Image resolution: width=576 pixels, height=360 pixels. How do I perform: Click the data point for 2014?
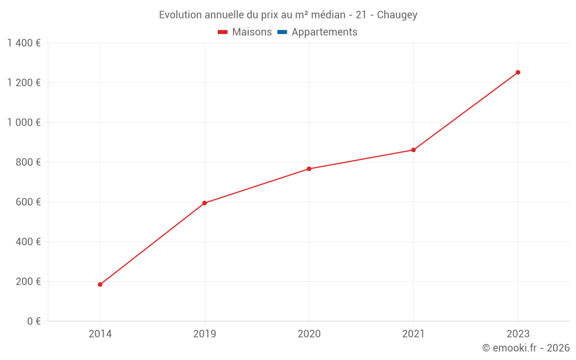click(100, 285)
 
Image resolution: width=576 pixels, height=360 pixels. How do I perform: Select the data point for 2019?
click(204, 203)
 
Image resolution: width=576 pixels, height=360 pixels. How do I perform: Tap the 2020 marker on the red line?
click(309, 169)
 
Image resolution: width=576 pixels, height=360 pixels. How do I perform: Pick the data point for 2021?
click(414, 150)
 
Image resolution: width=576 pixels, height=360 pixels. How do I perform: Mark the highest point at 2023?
click(518, 73)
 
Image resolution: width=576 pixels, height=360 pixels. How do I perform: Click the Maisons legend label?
click(252, 32)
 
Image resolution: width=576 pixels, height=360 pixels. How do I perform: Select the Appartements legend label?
click(324, 32)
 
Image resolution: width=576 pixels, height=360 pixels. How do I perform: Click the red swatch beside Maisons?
click(223, 32)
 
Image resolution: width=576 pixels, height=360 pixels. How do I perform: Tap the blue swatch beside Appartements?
click(282, 32)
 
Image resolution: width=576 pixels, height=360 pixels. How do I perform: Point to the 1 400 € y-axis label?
click(24, 43)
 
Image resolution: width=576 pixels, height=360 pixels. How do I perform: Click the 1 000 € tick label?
click(24, 123)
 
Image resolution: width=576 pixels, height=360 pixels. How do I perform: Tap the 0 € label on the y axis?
click(34, 321)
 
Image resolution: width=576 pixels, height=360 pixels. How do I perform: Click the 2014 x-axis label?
click(100, 334)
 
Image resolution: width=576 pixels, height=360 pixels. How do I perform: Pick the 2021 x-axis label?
click(414, 334)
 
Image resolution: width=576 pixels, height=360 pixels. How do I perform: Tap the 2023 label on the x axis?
click(518, 334)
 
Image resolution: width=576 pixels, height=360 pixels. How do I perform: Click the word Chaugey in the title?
click(397, 15)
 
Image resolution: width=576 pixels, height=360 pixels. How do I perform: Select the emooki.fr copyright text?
click(526, 348)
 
